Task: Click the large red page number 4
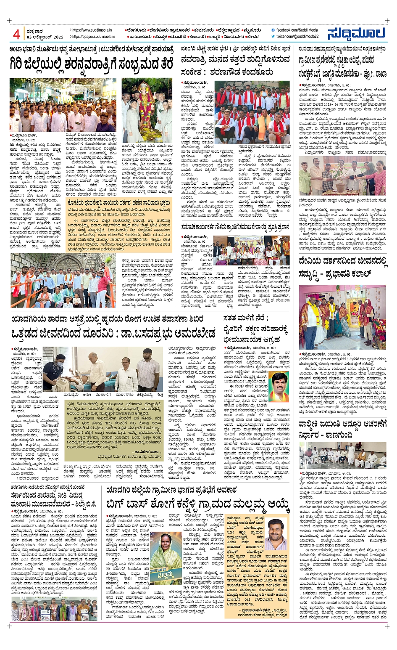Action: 16,34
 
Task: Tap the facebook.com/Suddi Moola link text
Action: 297,30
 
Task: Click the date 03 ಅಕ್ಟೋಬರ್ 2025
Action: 45,37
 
